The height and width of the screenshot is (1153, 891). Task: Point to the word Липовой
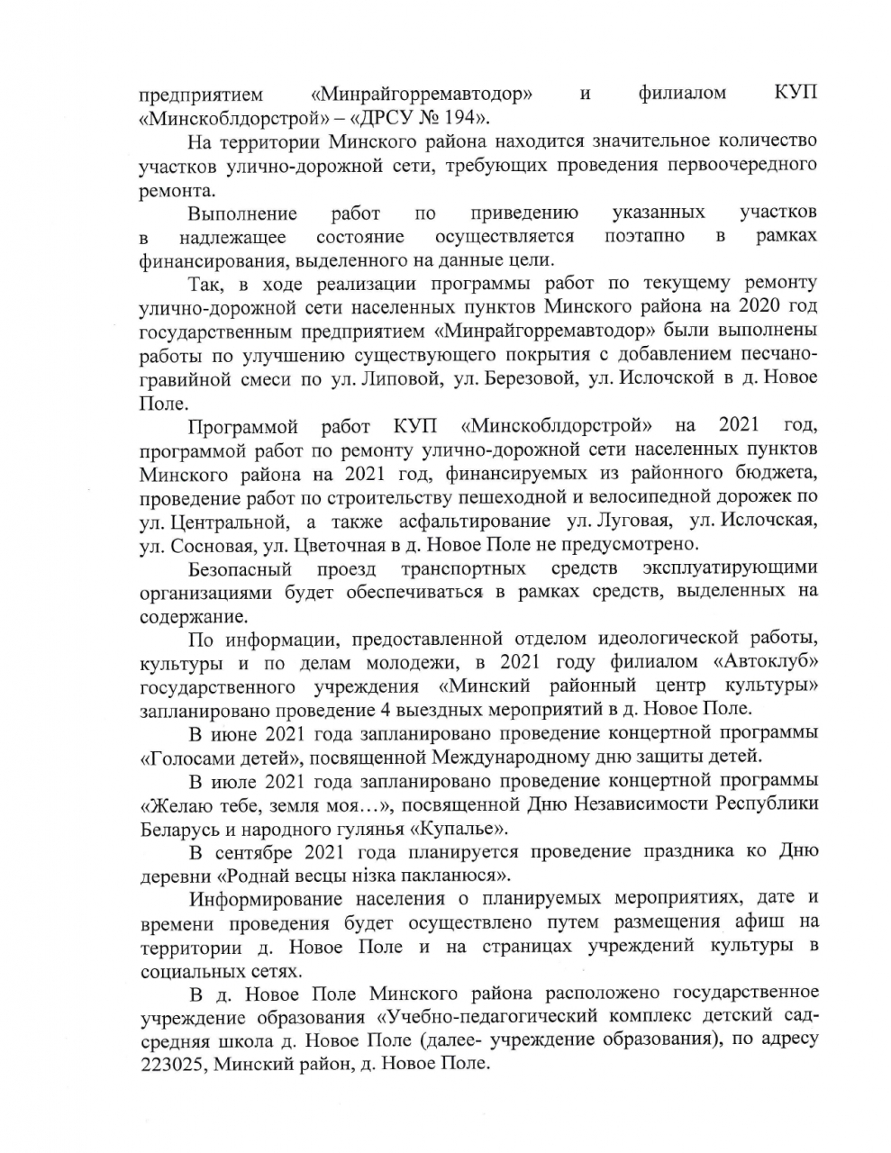point(402,377)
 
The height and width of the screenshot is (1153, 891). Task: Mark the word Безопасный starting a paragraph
point(241,568)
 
